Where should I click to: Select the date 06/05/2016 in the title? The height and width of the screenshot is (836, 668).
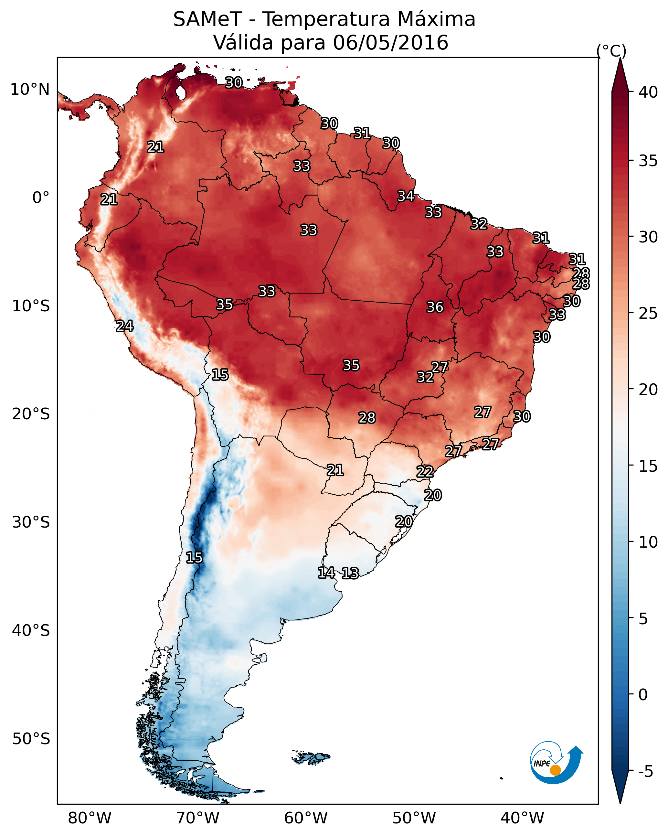[x=390, y=43]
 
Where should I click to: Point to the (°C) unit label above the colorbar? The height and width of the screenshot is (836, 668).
[x=611, y=51]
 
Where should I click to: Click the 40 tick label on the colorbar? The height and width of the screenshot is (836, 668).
[x=648, y=92]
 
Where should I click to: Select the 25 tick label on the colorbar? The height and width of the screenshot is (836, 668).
[x=648, y=313]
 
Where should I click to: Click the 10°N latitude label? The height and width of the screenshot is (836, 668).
[x=30, y=90]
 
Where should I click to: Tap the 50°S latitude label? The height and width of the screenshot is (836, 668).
[x=31, y=739]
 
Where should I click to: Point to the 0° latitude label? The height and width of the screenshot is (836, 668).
[x=41, y=198]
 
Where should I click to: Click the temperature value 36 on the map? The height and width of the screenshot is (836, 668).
[x=435, y=307]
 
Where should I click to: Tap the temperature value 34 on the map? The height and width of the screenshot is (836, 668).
[x=406, y=196]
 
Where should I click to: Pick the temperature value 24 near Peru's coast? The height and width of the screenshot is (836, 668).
[x=124, y=326]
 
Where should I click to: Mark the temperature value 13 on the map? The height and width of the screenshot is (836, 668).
[x=350, y=573]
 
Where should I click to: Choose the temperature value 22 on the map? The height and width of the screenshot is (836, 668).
[x=425, y=472]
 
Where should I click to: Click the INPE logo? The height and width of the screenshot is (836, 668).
[x=556, y=763]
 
